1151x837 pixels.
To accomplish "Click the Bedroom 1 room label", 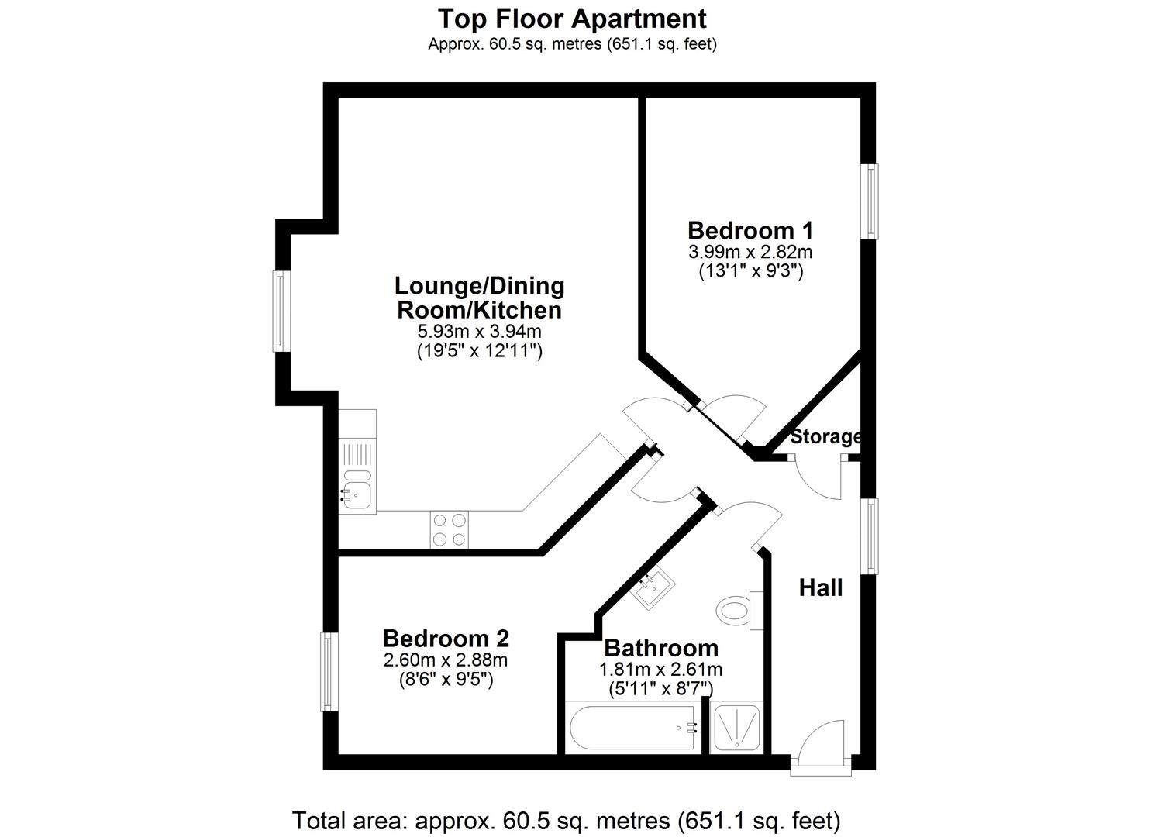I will tap(750, 231).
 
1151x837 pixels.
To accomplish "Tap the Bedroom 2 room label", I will tap(446, 639).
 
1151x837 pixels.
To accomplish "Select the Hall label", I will tap(821, 588).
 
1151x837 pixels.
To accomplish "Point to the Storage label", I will tap(825, 437).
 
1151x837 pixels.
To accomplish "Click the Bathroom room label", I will tap(661, 648).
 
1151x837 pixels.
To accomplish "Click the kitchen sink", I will tap(357, 490).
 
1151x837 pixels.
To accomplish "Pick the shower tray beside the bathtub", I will tap(736, 728).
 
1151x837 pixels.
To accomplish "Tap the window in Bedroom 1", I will tap(872, 201).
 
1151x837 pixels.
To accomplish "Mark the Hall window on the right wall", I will tap(872, 536).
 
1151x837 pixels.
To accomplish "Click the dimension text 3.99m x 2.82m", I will tap(750, 252).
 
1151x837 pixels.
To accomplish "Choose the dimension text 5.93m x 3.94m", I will tap(479, 332).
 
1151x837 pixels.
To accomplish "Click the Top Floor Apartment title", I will tap(572, 18).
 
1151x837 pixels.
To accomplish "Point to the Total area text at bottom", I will tap(566, 819).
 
